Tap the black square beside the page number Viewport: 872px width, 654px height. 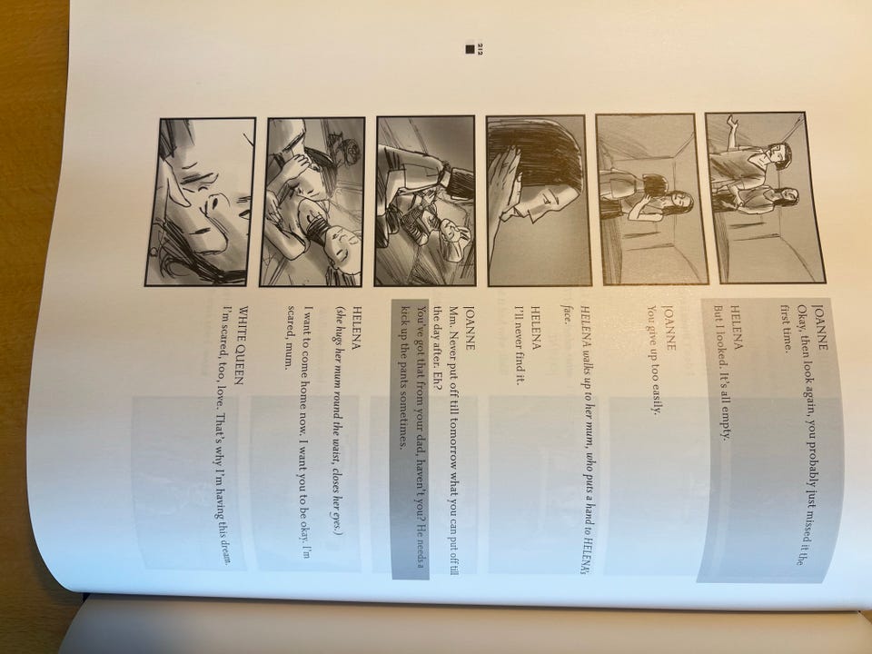click(x=470, y=49)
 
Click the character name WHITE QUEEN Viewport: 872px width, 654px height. click(x=242, y=345)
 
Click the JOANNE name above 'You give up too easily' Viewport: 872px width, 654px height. click(x=670, y=328)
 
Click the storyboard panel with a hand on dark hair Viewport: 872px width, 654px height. click(x=539, y=200)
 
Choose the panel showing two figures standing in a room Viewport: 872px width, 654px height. click(x=765, y=197)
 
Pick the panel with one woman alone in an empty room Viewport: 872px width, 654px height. click(x=652, y=199)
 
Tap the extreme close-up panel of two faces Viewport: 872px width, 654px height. click(x=200, y=202)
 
